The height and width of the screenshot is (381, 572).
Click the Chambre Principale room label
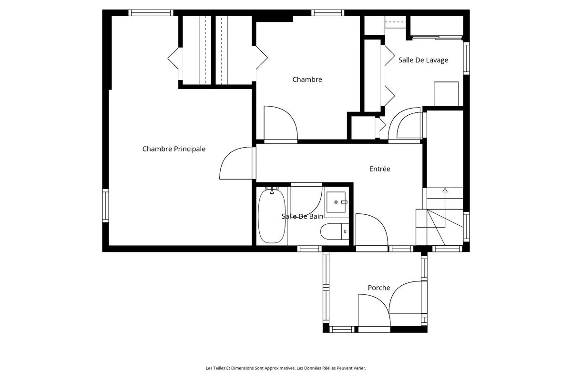pos(174,149)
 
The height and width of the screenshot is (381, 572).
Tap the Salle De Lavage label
pos(423,60)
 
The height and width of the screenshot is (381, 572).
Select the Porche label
pos(379,288)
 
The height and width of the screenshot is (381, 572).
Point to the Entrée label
pos(380,169)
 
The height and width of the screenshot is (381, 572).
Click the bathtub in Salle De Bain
pos(272,216)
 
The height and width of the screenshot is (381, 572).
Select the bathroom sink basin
pos(336,202)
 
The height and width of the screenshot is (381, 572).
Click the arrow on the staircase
pos(445,208)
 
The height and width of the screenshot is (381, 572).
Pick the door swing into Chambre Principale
pos(235,163)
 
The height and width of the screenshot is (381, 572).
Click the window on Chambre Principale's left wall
pos(105,206)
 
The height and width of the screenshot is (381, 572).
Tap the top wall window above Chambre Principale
pos(151,13)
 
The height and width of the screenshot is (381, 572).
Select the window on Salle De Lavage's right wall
pos(466,58)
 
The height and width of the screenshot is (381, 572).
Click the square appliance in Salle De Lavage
pos(446,94)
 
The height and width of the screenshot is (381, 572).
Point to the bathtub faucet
pos(272,190)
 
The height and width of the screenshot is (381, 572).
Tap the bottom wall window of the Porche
pos(342,330)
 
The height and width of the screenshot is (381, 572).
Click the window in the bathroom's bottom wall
pos(309,249)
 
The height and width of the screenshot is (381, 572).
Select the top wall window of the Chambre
pos(327,13)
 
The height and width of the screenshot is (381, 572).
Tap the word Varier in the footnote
pos(360,368)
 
